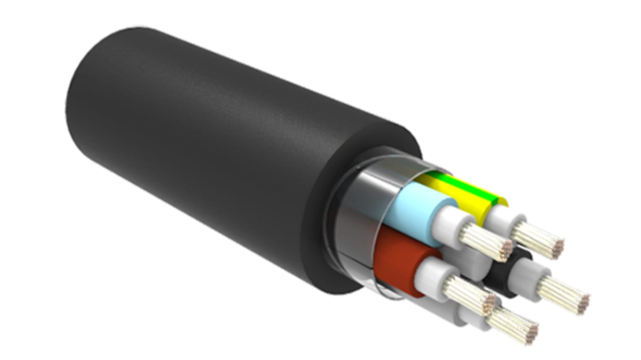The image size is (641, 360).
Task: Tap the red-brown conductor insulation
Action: (397, 262)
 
